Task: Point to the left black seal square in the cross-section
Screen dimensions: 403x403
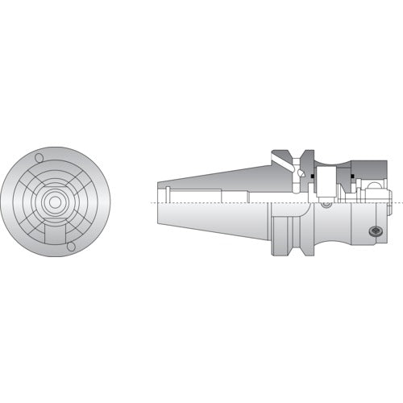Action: (300, 173)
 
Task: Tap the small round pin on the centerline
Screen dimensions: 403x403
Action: (326, 204)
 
